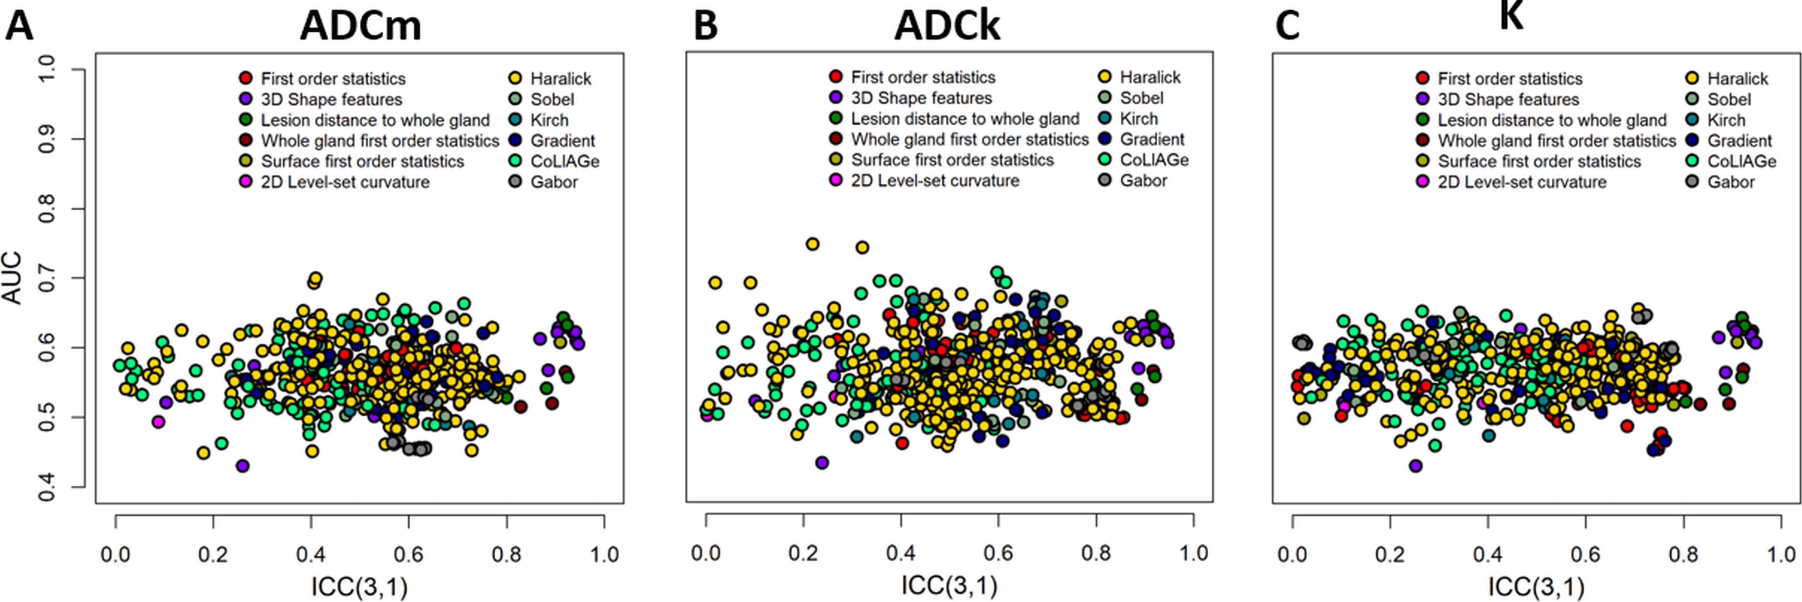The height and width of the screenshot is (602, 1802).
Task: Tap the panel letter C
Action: pyautogui.click(x=1287, y=27)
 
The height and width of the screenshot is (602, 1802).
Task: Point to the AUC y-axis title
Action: pyautogui.click(x=13, y=278)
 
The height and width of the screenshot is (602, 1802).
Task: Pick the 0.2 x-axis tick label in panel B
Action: pyautogui.click(x=803, y=553)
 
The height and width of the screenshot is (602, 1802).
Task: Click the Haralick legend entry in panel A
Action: pyautogui.click(x=560, y=78)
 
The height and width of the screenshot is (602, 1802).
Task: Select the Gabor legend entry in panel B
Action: pyautogui.click(x=1143, y=180)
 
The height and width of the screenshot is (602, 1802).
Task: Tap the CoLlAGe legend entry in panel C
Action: pyautogui.click(x=1741, y=161)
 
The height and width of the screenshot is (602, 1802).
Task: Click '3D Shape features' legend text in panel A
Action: pyautogui.click(x=332, y=99)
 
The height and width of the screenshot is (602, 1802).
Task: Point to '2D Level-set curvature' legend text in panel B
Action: pyautogui.click(x=935, y=180)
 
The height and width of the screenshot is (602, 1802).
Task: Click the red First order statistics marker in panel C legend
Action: pyautogui.click(x=1421, y=78)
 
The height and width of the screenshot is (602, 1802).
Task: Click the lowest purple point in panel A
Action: pyautogui.click(x=243, y=466)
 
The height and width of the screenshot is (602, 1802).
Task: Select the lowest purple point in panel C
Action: pyautogui.click(x=1416, y=466)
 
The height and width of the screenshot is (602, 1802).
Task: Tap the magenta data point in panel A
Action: pyautogui.click(x=158, y=422)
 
